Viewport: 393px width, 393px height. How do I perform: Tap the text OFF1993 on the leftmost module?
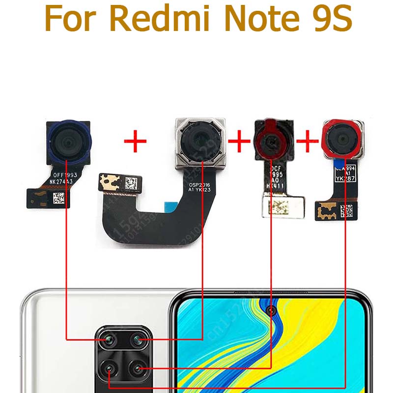click(x=65, y=175)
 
